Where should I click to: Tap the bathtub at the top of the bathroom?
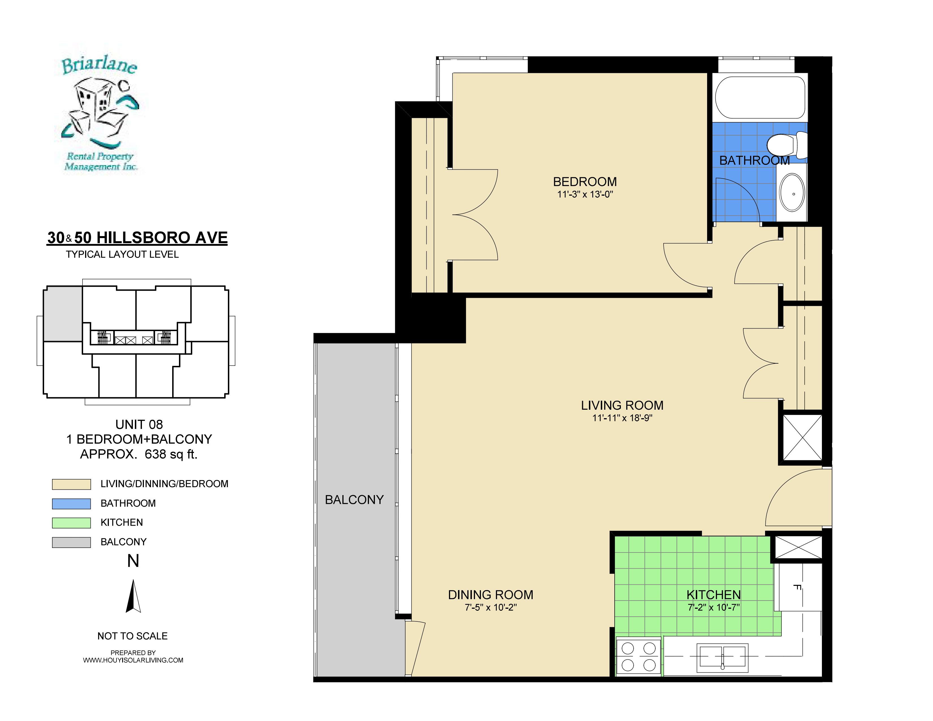[x=760, y=97]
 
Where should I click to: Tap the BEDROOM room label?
[x=585, y=182]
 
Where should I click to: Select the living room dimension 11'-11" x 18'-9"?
[x=623, y=418]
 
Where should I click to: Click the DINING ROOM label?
[x=491, y=595]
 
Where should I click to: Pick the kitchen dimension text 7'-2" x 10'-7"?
[x=713, y=607]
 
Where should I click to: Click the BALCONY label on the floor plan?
[x=354, y=500]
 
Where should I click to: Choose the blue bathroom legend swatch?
[x=71, y=504]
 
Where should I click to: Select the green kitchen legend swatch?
[x=71, y=523]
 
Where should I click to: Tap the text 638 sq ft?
[x=171, y=454]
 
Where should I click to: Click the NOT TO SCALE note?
[x=132, y=636]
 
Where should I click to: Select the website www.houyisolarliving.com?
[x=133, y=660]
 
